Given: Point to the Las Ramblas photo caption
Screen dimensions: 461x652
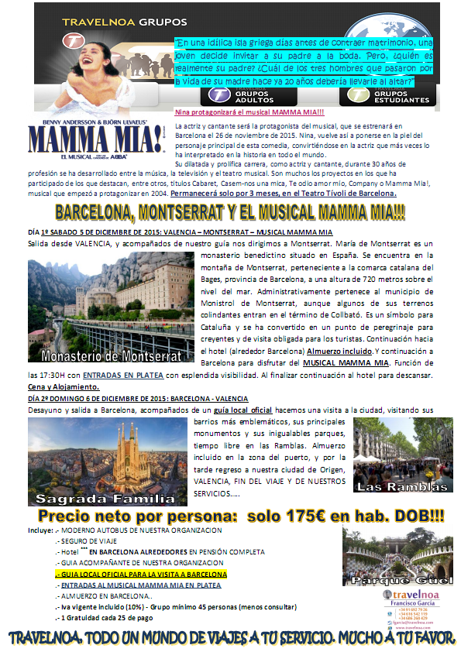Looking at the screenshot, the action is point(403,486).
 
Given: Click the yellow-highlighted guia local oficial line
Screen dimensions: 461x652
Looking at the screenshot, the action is point(141,575).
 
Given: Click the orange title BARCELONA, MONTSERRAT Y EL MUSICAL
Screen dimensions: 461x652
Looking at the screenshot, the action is point(230,211).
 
